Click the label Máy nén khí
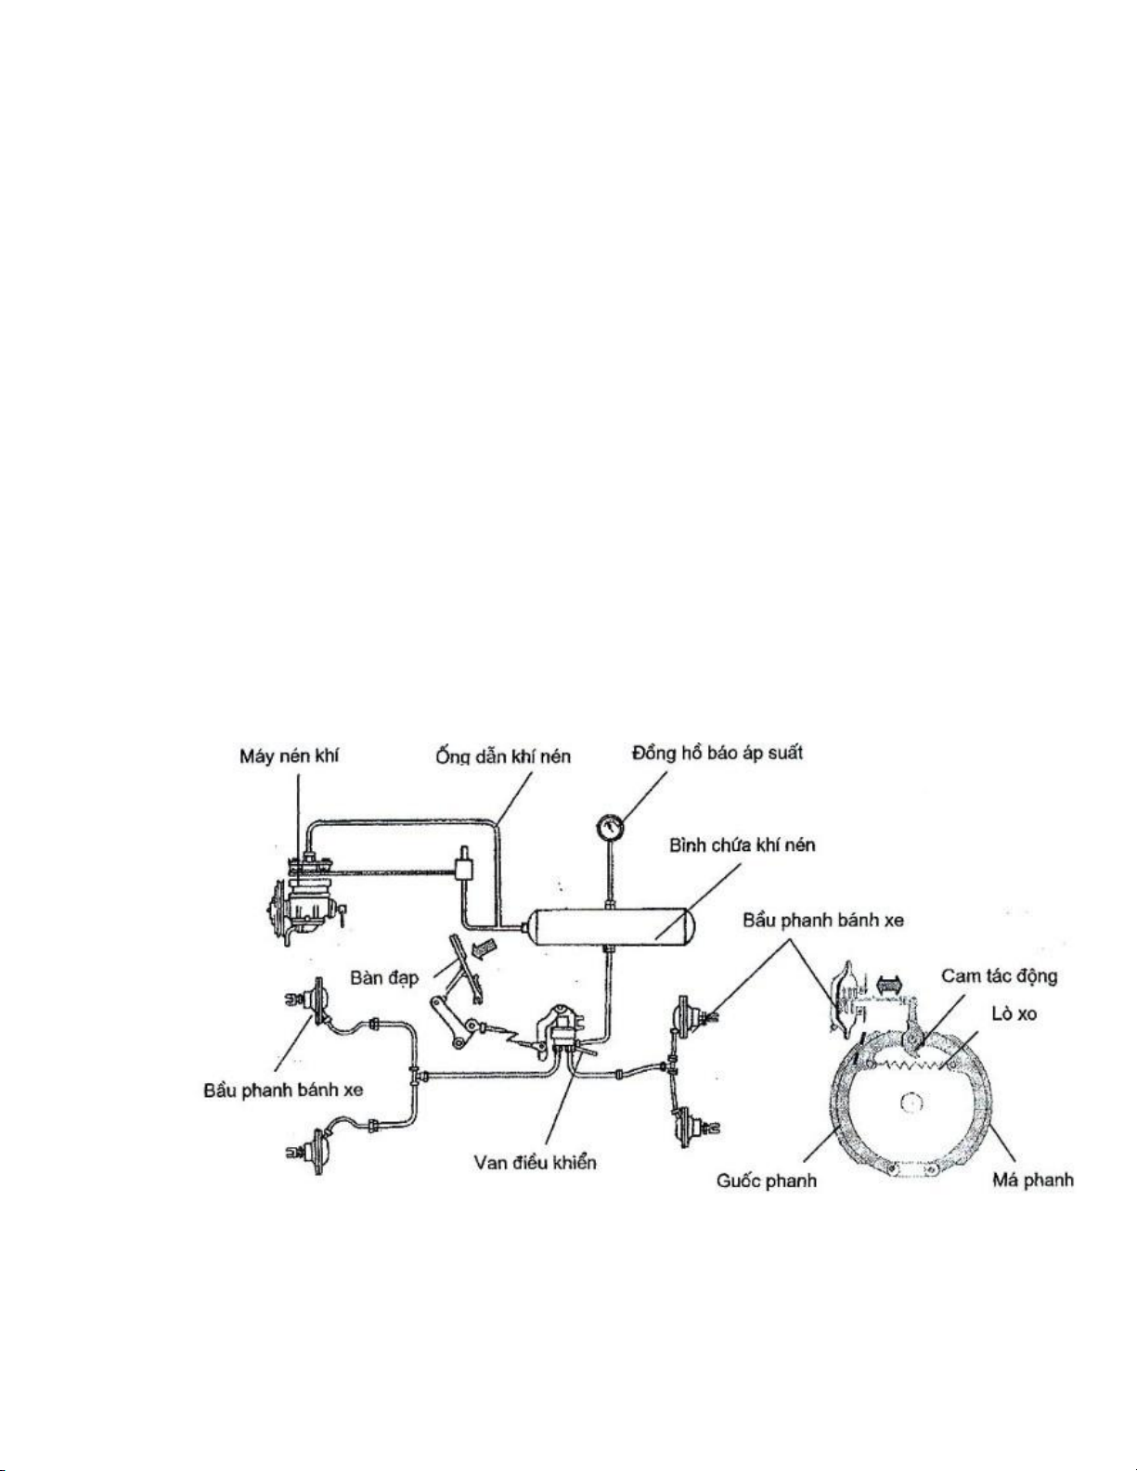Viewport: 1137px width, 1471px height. pos(289,756)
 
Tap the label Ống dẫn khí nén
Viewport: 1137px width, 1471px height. pos(503,756)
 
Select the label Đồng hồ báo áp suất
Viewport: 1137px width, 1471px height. pos(717,754)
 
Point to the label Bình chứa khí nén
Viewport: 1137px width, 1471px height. pos(743,845)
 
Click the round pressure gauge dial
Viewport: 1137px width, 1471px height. pos(611,827)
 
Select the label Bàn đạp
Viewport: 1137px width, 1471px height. pos(384,978)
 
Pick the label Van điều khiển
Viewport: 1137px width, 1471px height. pos(535,1162)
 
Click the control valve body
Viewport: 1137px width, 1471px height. pos(561,1030)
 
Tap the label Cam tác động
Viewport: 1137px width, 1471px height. pos(999,977)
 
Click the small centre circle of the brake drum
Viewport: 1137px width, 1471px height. pos(911,1103)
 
